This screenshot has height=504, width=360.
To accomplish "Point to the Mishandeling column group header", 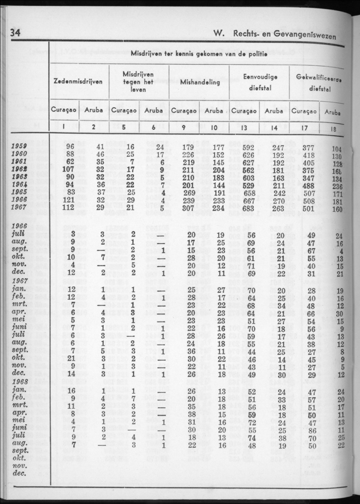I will point(200,83).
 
